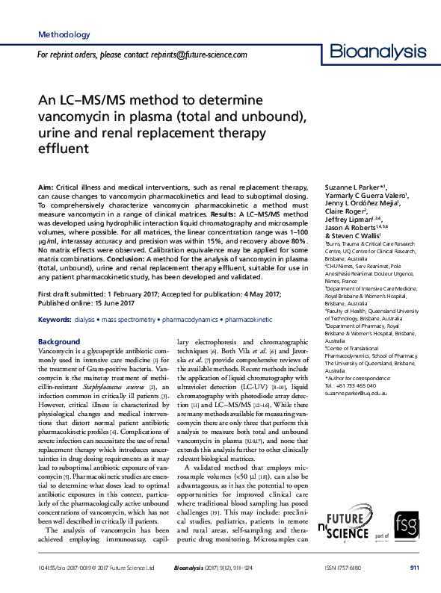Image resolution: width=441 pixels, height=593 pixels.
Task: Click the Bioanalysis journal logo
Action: click(374, 52)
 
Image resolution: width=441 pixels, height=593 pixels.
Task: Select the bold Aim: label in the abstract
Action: click(45, 185)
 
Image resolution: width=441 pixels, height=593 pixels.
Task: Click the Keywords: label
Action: click(54, 319)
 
